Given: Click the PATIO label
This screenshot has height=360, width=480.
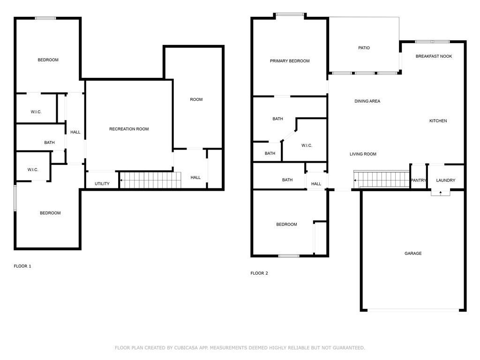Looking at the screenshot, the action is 364,48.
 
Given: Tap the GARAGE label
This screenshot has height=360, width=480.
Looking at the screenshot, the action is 413,254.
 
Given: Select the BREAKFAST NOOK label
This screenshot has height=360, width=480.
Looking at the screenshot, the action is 434,56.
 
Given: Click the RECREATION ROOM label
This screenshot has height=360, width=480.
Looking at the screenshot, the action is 129,129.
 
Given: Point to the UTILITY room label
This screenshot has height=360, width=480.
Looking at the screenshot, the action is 102,184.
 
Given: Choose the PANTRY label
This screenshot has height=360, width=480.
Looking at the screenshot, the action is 418,180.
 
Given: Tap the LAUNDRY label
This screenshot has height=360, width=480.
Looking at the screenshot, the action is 445,180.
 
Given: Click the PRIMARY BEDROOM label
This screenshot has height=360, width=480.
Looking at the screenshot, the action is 290,61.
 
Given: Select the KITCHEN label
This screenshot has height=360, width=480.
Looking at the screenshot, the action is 438,121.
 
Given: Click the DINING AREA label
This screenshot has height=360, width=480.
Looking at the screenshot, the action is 367,101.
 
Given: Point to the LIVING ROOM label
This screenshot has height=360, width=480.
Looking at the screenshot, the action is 363,154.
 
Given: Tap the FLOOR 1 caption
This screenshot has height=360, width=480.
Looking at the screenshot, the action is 22,266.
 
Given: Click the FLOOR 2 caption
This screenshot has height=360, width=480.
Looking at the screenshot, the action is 259,273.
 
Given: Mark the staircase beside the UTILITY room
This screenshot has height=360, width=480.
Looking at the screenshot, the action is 150,180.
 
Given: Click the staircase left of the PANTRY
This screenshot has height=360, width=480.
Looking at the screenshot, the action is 382,179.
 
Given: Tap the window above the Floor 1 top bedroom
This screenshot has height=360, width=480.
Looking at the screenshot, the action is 45,18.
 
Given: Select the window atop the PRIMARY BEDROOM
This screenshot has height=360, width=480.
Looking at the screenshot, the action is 290,14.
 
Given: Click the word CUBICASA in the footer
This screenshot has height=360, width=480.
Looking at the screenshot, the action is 186,348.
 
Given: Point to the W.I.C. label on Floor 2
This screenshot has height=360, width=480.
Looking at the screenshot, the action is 307,145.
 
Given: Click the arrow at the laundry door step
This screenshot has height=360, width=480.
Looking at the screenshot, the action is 441,193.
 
